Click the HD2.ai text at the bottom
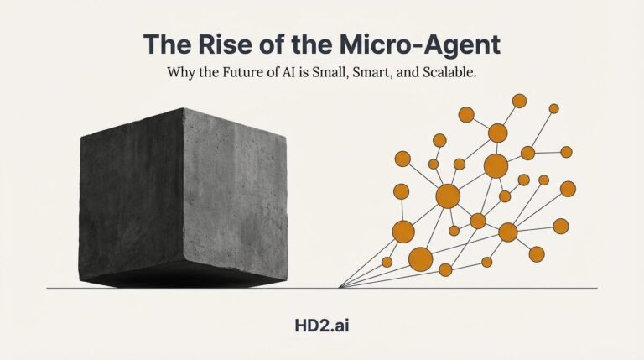pyautogui.click(x=322, y=322)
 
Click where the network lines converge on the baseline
pyautogui.click(x=339, y=288)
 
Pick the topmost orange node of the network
pyautogui.click(x=519, y=101)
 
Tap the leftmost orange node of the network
pyautogui.click(x=387, y=262)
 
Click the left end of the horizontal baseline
pyautogui.click(x=48, y=288)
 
